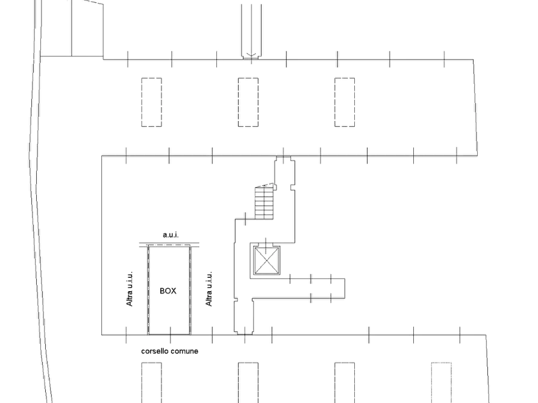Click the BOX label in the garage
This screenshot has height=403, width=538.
click(167, 291)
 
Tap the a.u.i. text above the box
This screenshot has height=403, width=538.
click(170, 235)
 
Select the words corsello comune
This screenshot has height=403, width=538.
click(169, 351)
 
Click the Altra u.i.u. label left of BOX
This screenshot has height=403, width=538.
click(130, 289)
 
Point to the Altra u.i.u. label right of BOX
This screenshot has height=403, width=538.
click(208, 289)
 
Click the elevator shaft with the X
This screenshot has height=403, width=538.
click(267, 260)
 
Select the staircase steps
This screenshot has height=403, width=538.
click(264, 203)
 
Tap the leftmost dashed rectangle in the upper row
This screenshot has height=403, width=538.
click(152, 102)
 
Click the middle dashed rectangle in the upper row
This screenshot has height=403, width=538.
click(248, 102)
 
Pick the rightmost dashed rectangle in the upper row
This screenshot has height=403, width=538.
click(345, 102)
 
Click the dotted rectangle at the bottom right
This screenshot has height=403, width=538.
click(441, 383)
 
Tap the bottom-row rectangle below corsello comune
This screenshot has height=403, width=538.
click(152, 383)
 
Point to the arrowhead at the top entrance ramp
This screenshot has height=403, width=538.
click(251, 55)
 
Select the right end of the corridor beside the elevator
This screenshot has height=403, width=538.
click(345, 289)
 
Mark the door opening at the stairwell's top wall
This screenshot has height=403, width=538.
click(284, 156)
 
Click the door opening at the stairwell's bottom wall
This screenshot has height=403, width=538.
click(245, 334)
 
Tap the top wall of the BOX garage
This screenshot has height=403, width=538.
click(169, 245)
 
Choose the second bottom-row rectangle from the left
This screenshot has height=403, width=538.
click(248, 383)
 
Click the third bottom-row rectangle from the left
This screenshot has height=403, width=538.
click(345, 383)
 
